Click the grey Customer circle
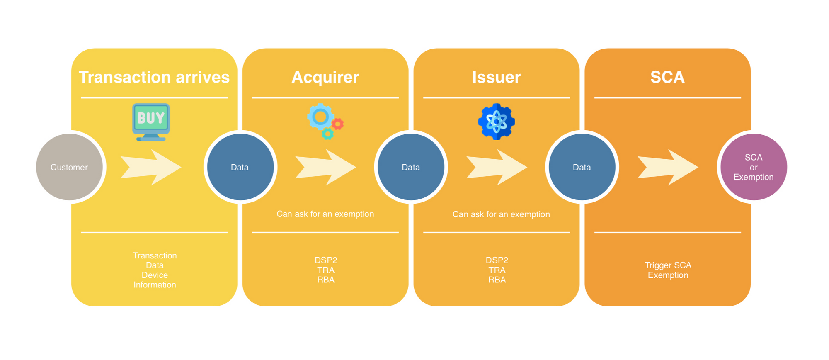(x=69, y=167)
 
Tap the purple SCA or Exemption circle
(x=753, y=167)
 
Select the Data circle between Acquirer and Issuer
(x=411, y=167)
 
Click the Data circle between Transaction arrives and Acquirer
(x=240, y=167)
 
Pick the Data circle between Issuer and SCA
(x=582, y=167)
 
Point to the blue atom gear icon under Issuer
(x=496, y=122)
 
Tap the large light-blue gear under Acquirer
(x=320, y=117)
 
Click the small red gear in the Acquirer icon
(x=338, y=124)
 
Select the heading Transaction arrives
(x=154, y=77)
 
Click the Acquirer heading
(x=325, y=77)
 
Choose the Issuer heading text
(x=496, y=77)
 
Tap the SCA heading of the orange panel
(x=667, y=77)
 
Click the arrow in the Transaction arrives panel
(x=151, y=167)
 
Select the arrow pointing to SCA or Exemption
(x=667, y=167)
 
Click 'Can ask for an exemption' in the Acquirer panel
(x=325, y=214)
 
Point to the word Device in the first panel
(x=155, y=275)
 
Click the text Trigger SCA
(x=668, y=265)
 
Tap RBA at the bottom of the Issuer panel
(x=497, y=280)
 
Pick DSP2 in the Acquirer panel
(x=326, y=260)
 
